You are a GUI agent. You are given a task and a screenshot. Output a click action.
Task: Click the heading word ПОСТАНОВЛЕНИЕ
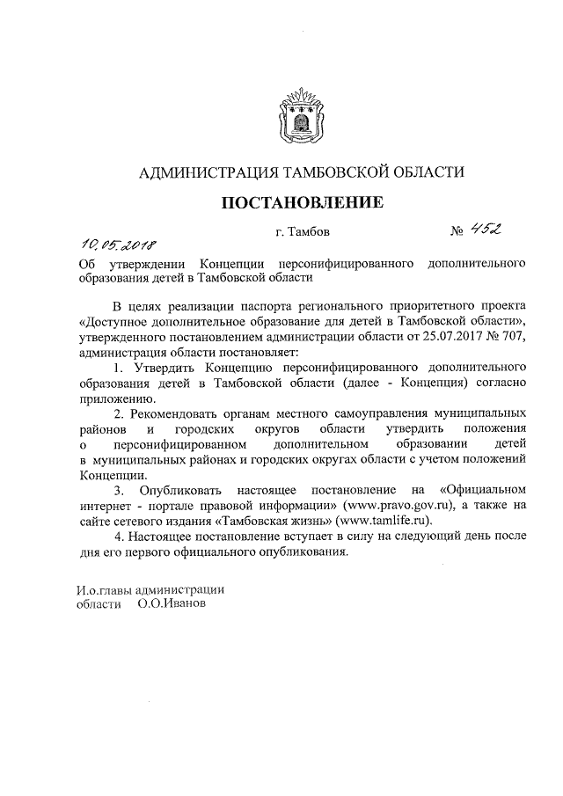point(302,203)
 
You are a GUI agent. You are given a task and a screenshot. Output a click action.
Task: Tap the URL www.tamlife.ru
point(381,520)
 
